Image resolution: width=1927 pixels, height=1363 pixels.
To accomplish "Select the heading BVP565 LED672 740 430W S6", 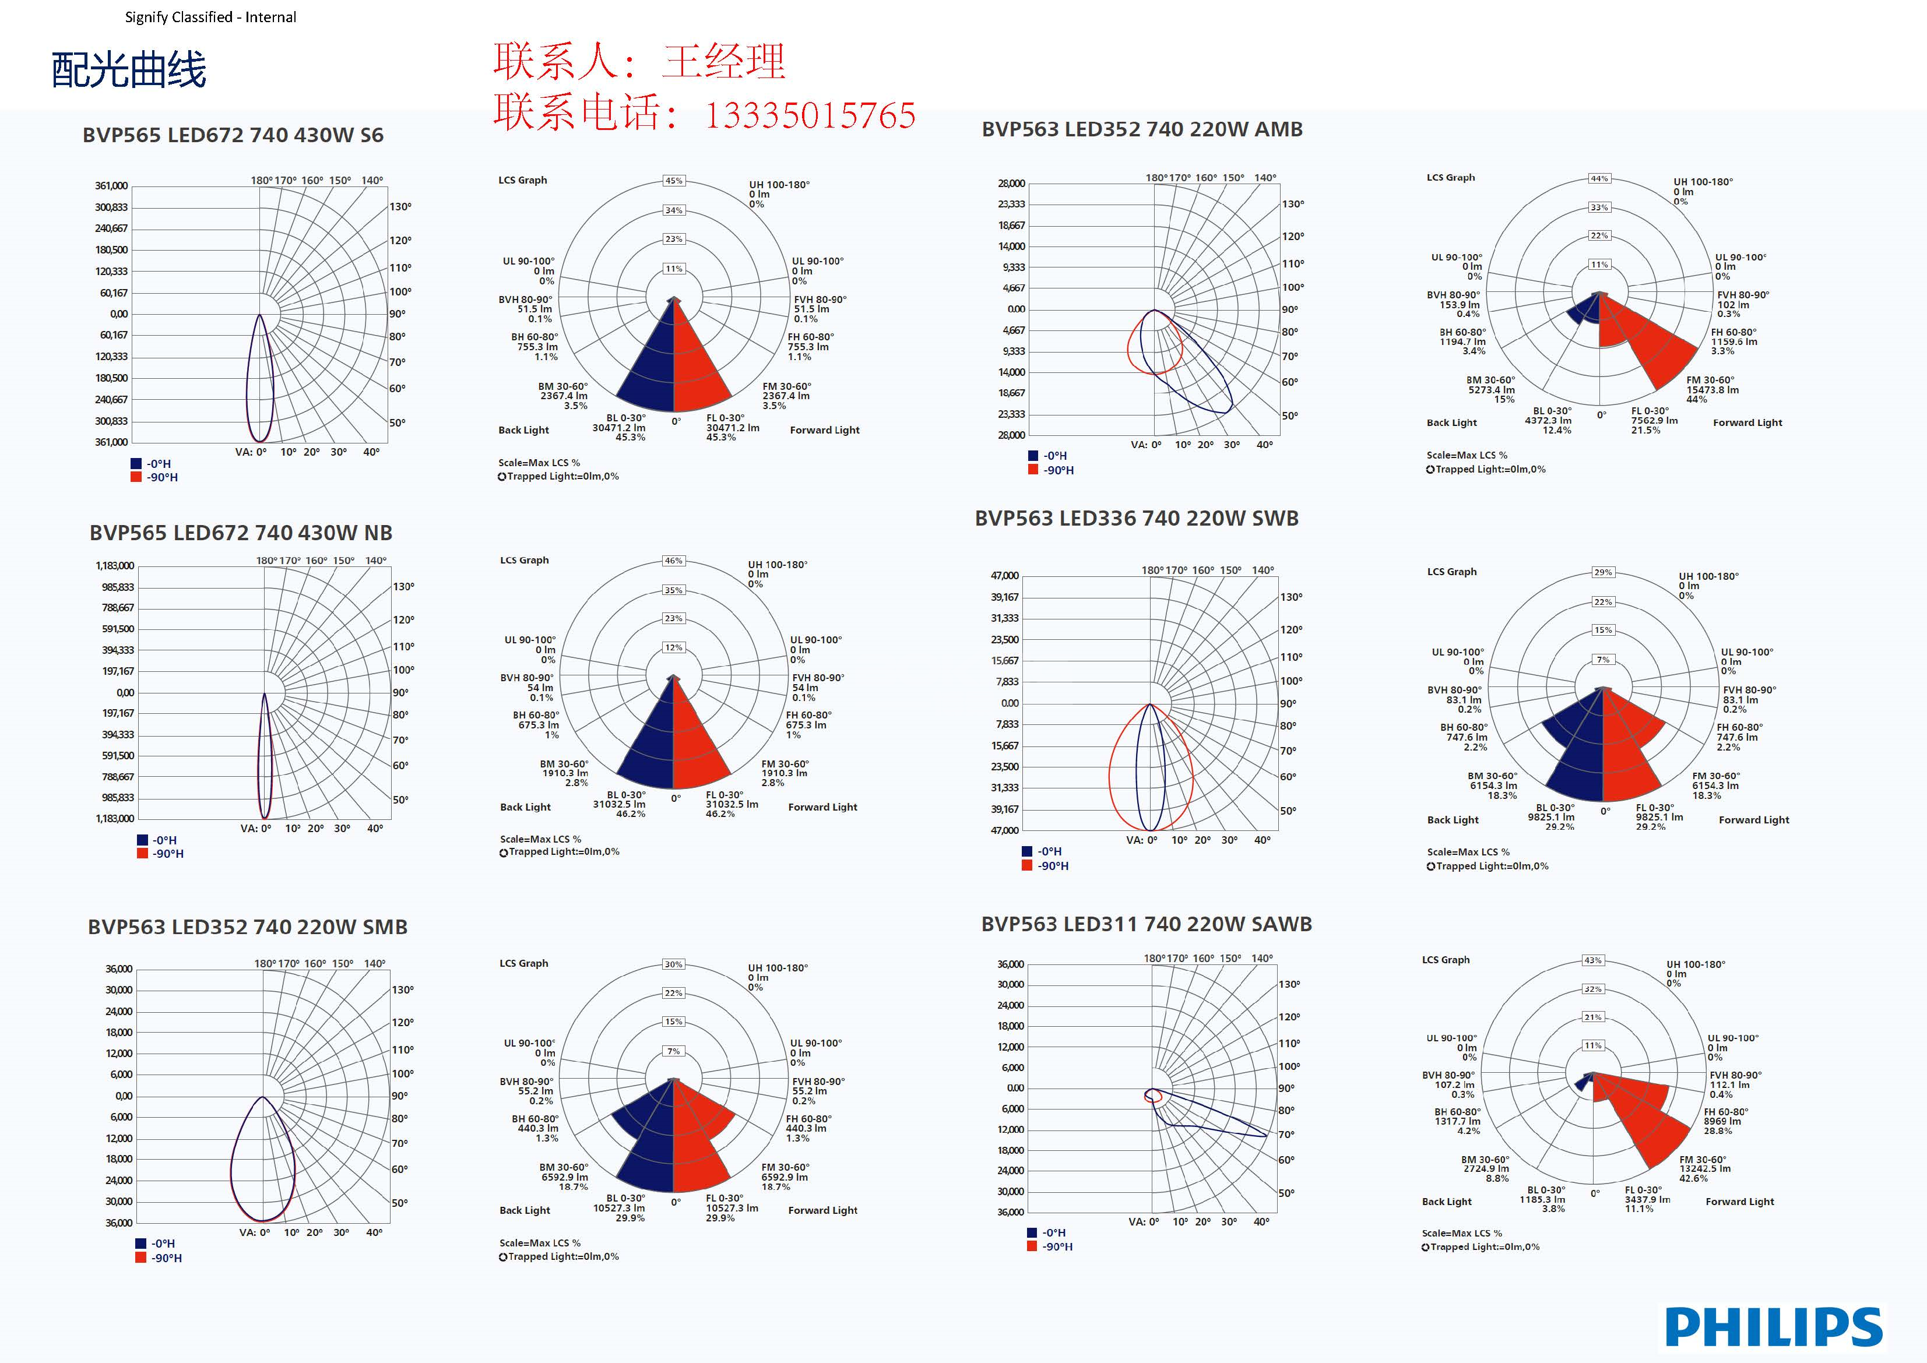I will (x=233, y=135).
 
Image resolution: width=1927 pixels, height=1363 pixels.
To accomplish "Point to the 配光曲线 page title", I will (x=128, y=70).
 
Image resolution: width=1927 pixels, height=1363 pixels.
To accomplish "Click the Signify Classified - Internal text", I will (x=210, y=17).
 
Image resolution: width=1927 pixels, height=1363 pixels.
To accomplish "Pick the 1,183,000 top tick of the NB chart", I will (x=115, y=566).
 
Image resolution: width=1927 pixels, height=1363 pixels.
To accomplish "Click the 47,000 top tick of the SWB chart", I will (x=1005, y=576).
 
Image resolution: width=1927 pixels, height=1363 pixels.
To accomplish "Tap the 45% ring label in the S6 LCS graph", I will (x=674, y=181).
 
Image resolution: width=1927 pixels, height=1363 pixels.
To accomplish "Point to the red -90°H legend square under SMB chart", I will (x=141, y=1258).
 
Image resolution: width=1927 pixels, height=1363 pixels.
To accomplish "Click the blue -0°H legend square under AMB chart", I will (x=1033, y=456).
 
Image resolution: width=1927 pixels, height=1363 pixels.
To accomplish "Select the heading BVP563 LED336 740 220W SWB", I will (x=1137, y=519).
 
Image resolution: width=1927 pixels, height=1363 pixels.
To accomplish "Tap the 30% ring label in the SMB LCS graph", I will (x=673, y=964).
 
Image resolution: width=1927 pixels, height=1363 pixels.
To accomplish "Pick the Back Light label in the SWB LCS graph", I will (x=1453, y=820).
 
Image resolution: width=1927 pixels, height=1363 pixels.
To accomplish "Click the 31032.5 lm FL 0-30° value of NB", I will (x=732, y=804).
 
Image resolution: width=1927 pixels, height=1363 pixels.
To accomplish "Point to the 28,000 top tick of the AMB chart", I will (x=1011, y=184).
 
